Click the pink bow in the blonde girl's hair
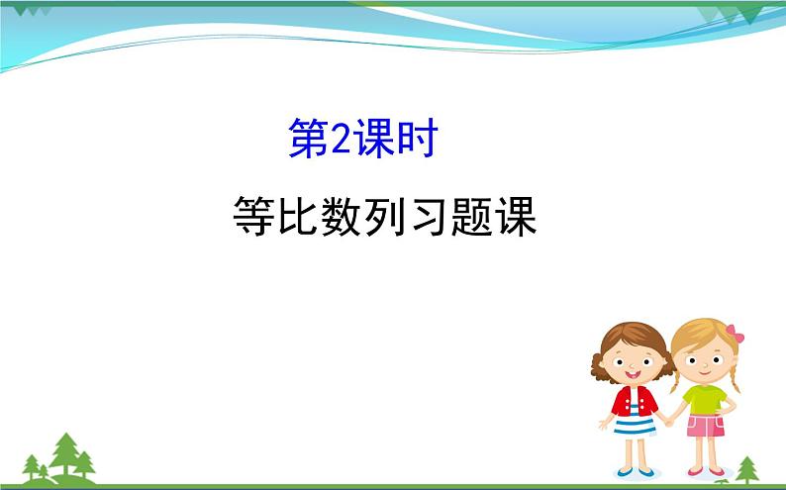(734, 334)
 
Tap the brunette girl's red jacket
(618, 402)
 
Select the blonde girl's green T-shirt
(704, 398)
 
